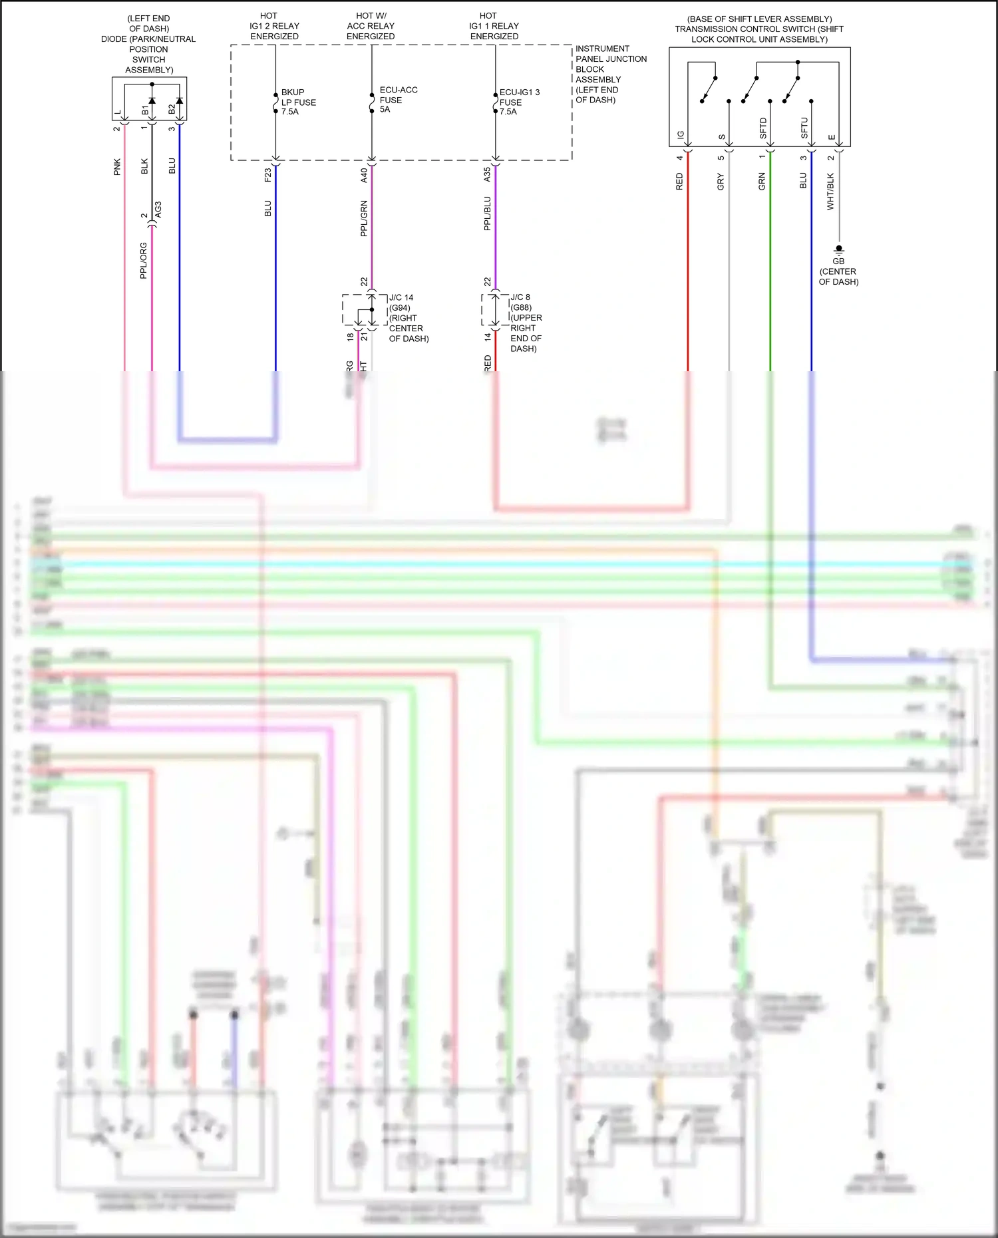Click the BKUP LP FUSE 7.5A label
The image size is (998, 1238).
click(x=298, y=102)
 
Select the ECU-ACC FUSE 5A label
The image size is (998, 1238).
click(x=397, y=100)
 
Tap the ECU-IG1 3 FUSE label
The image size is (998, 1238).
click(x=519, y=102)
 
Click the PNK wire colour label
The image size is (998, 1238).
click(x=117, y=166)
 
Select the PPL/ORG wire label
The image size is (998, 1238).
click(x=143, y=260)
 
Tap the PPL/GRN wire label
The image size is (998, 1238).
click(x=363, y=218)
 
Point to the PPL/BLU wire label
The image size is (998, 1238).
click(x=487, y=214)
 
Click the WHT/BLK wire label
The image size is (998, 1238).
click(x=830, y=192)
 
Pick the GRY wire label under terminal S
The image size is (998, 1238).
click(x=721, y=182)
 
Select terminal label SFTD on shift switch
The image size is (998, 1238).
click(x=763, y=128)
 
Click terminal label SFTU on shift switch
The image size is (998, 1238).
click(x=804, y=128)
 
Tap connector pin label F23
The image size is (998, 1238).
click(x=267, y=174)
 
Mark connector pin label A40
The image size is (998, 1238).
click(x=363, y=174)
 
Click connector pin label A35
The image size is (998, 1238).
click(x=487, y=174)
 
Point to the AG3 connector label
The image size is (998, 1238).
click(x=158, y=210)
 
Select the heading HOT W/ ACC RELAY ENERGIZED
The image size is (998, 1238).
click(x=371, y=26)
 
